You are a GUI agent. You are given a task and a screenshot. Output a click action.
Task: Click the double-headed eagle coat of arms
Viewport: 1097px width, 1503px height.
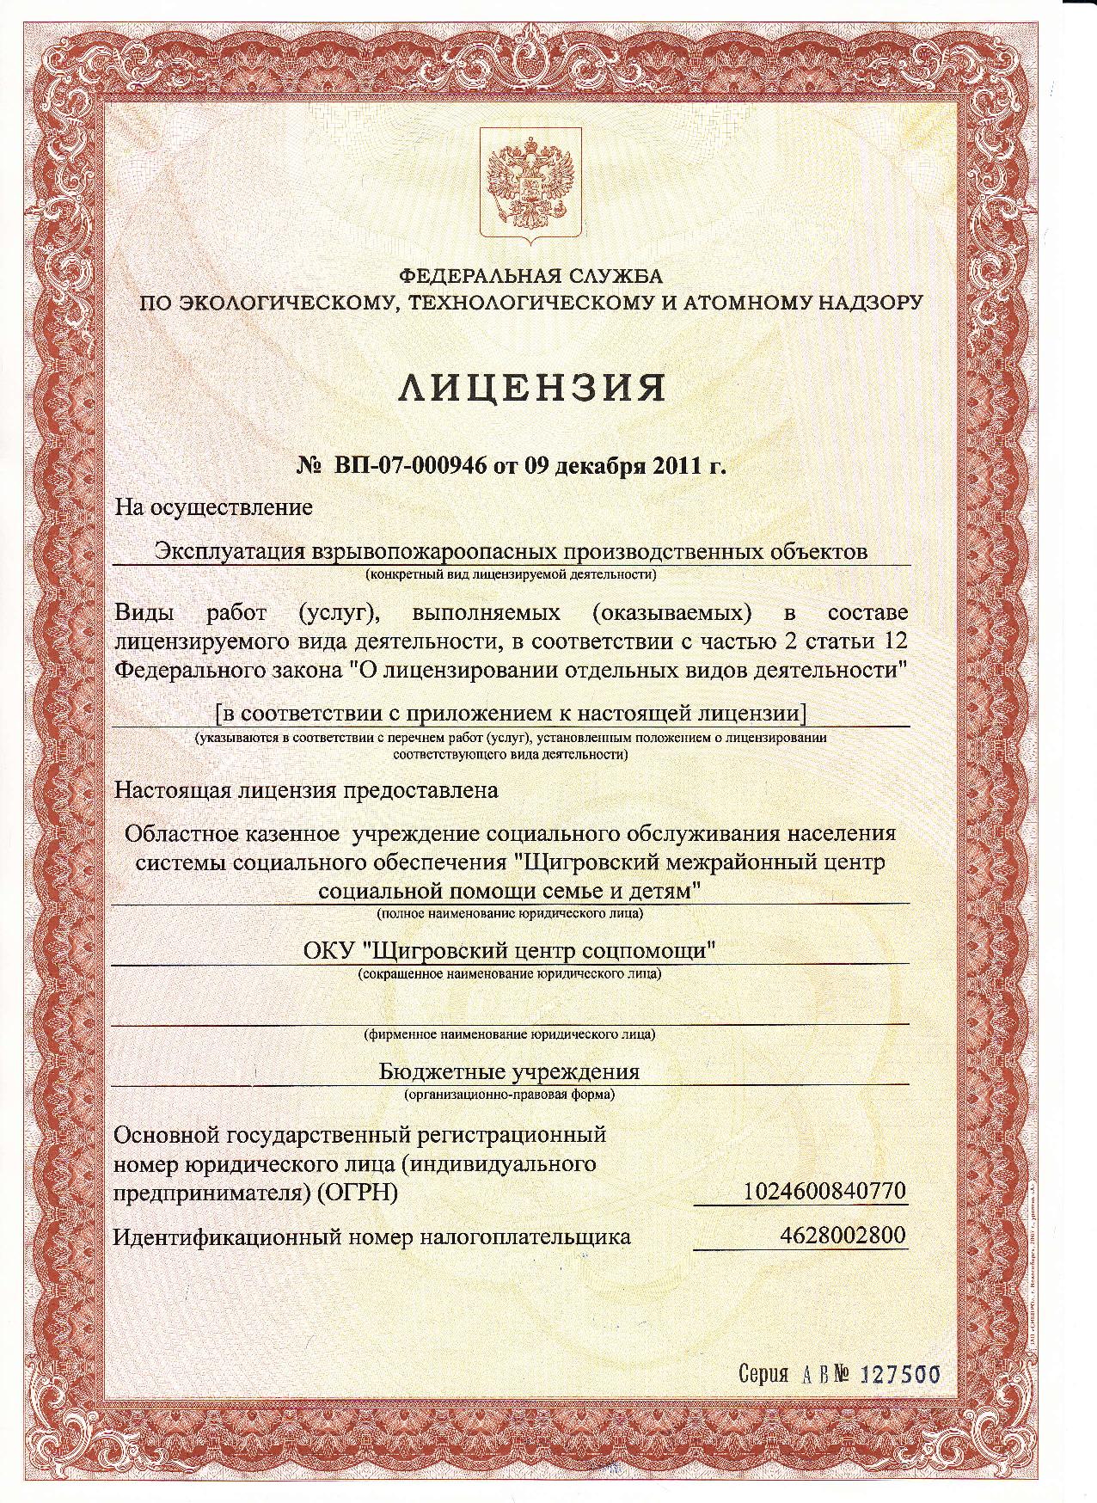[530, 185]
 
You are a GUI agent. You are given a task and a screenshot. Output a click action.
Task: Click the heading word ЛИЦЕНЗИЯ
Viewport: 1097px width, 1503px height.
[532, 389]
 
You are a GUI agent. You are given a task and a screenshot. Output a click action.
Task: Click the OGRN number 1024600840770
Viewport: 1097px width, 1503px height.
[824, 1192]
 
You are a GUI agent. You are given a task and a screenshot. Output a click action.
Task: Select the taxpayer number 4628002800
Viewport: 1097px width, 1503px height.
[843, 1236]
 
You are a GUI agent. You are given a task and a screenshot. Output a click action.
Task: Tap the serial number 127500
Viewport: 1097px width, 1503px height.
[901, 1374]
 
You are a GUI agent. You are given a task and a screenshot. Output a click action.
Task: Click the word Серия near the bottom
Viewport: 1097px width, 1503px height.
[763, 1374]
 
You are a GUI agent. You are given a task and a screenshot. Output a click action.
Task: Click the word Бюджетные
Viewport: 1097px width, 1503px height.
[442, 1072]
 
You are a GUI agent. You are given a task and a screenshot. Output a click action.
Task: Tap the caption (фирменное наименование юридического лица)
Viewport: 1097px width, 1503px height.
[510, 1034]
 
